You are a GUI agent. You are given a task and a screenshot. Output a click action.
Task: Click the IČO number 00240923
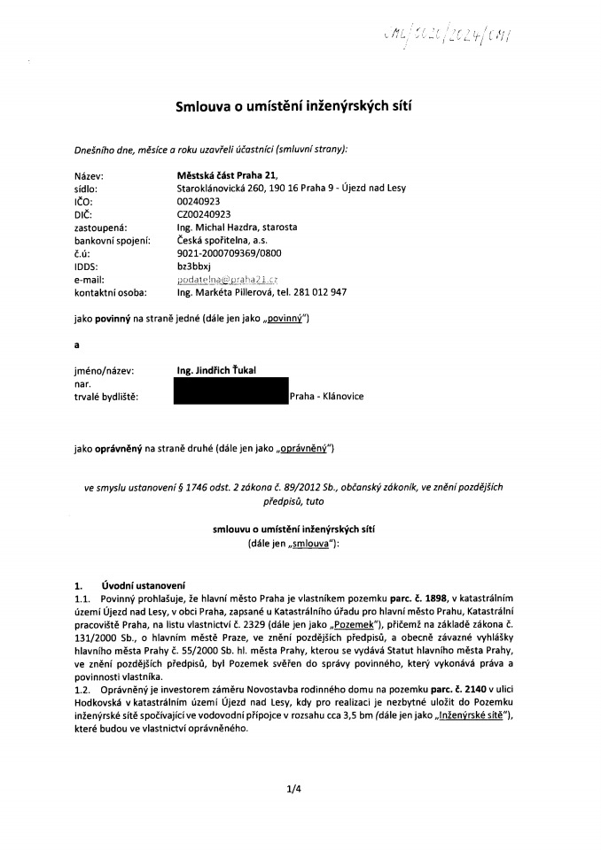(198, 202)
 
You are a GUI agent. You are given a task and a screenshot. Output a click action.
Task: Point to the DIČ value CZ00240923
(204, 214)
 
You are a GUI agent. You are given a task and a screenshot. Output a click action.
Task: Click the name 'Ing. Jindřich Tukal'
(218, 370)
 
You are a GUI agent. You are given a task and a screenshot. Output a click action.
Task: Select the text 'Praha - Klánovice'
(327, 397)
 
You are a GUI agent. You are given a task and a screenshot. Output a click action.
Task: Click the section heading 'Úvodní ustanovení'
(143, 584)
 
